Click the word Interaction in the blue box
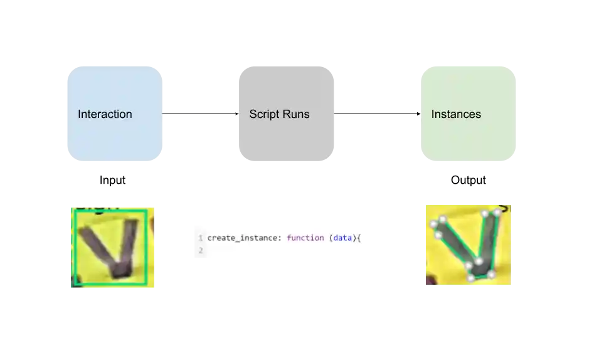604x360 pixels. [x=105, y=114]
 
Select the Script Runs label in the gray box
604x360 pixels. [x=279, y=114]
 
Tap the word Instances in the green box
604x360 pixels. [x=456, y=114]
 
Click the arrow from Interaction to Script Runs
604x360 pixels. [x=201, y=114]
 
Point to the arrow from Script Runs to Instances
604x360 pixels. [x=377, y=114]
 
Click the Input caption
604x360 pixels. [x=112, y=180]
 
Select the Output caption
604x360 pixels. [x=469, y=180]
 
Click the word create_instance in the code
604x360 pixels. [x=242, y=238]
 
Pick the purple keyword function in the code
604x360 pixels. [x=305, y=238]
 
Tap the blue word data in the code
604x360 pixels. [x=343, y=238]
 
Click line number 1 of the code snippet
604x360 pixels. [x=200, y=238]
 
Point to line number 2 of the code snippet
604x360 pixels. [x=200, y=250]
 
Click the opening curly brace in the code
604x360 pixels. [x=359, y=238]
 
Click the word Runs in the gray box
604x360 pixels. [x=296, y=114]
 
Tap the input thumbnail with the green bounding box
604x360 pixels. [x=112, y=248]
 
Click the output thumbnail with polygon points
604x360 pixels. [x=469, y=245]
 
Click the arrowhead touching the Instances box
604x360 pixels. [x=419, y=114]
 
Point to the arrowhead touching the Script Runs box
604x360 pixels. [x=237, y=114]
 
